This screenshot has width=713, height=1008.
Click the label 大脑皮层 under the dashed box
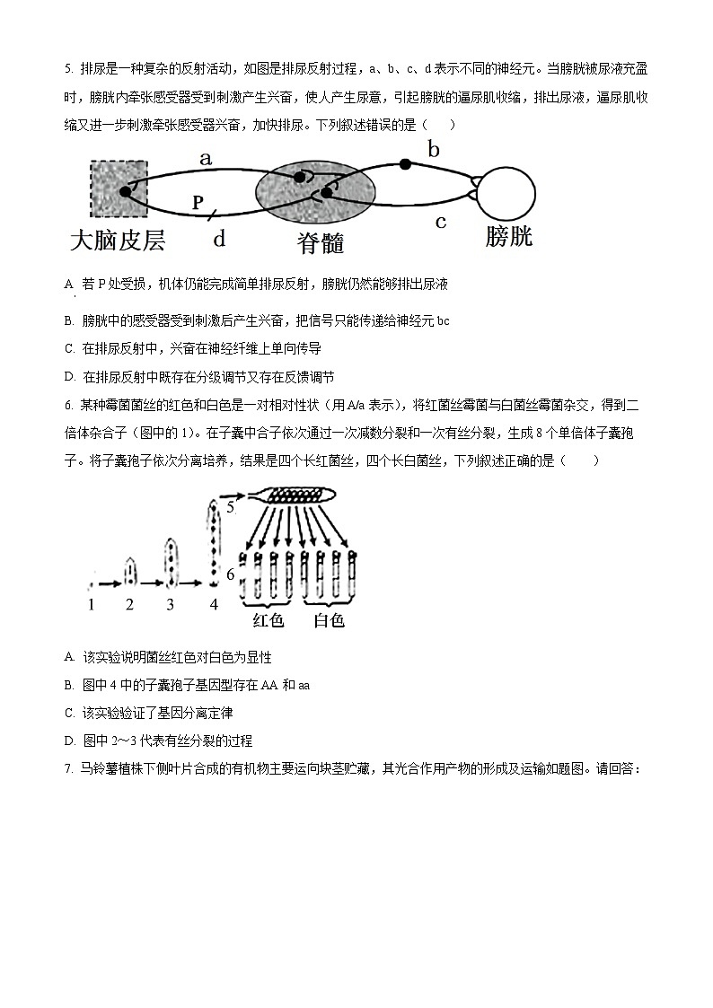[x=118, y=241]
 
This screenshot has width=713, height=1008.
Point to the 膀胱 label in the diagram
[x=508, y=236]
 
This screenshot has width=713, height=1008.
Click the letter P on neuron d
[x=198, y=203]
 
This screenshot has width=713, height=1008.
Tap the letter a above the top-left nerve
[x=206, y=160]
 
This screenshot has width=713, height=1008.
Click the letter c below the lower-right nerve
[x=440, y=222]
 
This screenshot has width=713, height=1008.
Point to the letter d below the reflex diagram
[x=219, y=239]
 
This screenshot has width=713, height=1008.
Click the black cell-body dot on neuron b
[x=406, y=164]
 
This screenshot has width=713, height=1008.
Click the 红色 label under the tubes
[x=268, y=620]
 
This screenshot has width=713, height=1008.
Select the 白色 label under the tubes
[x=328, y=620]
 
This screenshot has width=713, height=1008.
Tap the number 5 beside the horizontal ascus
[x=230, y=507]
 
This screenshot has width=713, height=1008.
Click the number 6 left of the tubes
[x=230, y=574]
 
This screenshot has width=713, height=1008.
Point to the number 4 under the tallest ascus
[x=214, y=604]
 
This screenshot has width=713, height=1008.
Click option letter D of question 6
[x=69, y=741]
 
